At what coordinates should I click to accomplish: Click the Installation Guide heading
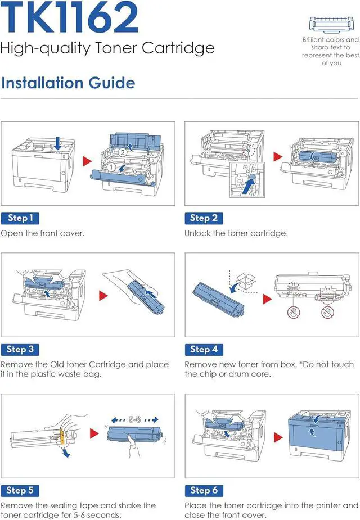pyautogui.click(x=68, y=83)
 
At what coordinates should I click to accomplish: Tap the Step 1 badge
pyautogui.click(x=20, y=218)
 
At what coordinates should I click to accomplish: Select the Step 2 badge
pyautogui.click(x=204, y=218)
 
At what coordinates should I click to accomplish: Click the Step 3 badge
pyautogui.click(x=20, y=349)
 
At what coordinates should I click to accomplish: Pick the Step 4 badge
pyautogui.click(x=204, y=349)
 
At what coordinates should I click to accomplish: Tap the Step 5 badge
pyautogui.click(x=20, y=490)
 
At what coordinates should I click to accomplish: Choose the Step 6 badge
pyautogui.click(x=204, y=490)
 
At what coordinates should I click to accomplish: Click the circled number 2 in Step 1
pyautogui.click(x=122, y=152)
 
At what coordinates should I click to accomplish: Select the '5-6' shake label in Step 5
pyautogui.click(x=134, y=419)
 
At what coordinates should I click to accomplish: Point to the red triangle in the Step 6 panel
pyautogui.click(x=277, y=436)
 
